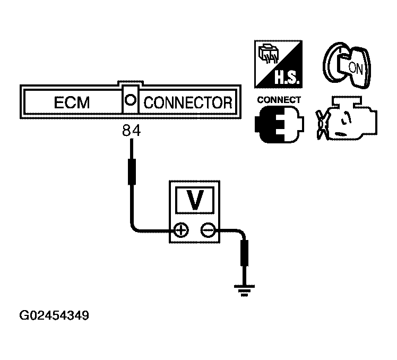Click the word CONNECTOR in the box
pyautogui.click(x=188, y=103)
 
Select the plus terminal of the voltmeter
pyautogui.click(x=182, y=230)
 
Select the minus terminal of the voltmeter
pyautogui.click(x=208, y=230)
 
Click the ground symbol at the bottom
pyautogui.click(x=245, y=290)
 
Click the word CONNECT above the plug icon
pyautogui.click(x=278, y=100)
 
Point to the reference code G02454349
pyautogui.click(x=54, y=316)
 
